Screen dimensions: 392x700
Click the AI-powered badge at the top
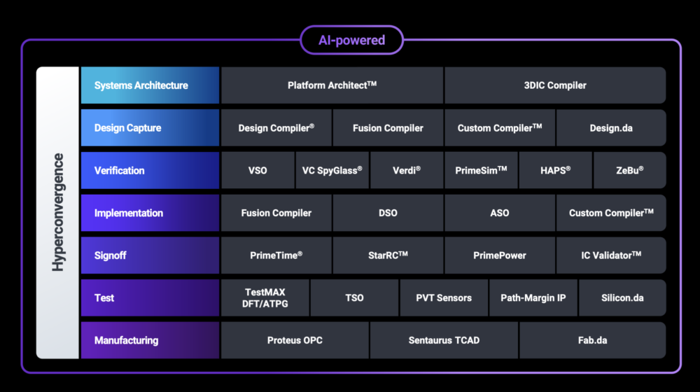[x=351, y=40]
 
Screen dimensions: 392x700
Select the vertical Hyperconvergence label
[x=58, y=212]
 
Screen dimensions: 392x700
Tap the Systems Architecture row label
[x=150, y=85]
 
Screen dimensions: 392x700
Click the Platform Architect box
[x=332, y=85]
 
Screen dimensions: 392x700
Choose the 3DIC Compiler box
[x=554, y=85]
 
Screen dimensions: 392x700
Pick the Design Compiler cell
[x=276, y=128]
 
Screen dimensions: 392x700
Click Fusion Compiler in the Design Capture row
[x=388, y=128]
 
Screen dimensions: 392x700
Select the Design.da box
[x=610, y=128]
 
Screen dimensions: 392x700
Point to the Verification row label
[x=150, y=171]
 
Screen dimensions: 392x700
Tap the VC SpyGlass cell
[x=332, y=171]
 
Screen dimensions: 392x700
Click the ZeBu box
[x=629, y=171]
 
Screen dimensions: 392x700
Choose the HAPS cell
[x=555, y=171]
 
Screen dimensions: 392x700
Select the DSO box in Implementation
[x=388, y=213]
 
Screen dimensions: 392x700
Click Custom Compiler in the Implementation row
[x=610, y=213]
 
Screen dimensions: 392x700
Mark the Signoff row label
[x=150, y=255]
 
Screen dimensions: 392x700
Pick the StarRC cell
[x=388, y=255]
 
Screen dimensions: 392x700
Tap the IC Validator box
[x=610, y=255]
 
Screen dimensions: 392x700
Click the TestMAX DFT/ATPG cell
[x=265, y=297]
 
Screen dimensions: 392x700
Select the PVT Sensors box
[x=444, y=297]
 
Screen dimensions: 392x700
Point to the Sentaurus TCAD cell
[x=444, y=340]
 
